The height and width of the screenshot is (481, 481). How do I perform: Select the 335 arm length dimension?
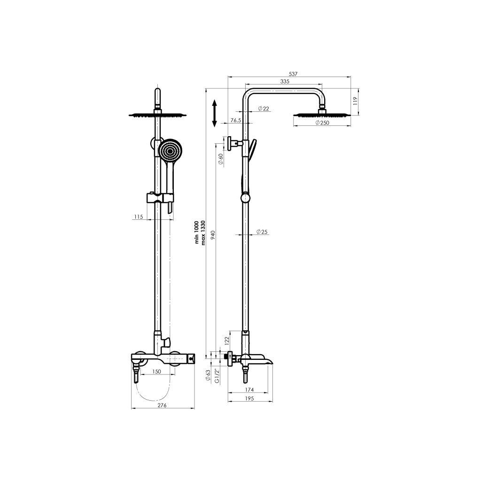pos(285,81)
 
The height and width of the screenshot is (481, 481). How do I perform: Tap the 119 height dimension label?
pos(355,101)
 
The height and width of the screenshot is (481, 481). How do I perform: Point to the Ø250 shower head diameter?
pos(322,123)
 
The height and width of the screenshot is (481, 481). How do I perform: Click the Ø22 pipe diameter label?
pos(264,109)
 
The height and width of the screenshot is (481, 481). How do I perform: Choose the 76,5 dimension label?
pos(236,121)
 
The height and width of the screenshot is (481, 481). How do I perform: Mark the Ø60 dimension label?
pos(220,159)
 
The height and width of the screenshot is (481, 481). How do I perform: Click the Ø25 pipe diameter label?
pos(262,232)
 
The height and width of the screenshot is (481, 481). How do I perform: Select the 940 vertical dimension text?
pos(214,235)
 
